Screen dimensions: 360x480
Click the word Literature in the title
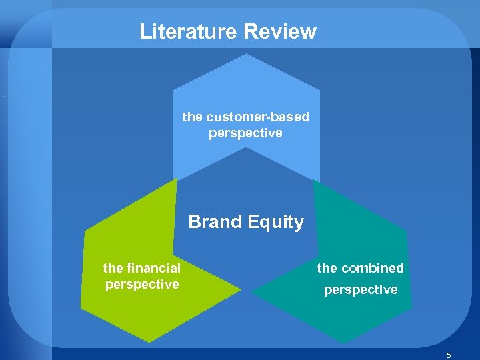189,31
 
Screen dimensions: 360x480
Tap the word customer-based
258,117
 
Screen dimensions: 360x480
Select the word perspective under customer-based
245,133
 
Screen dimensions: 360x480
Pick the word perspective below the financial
141,284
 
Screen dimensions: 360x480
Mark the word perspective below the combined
360,290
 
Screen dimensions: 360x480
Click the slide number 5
449,355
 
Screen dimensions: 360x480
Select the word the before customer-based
192,117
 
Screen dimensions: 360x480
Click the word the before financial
112,268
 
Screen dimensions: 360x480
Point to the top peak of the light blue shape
247,55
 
